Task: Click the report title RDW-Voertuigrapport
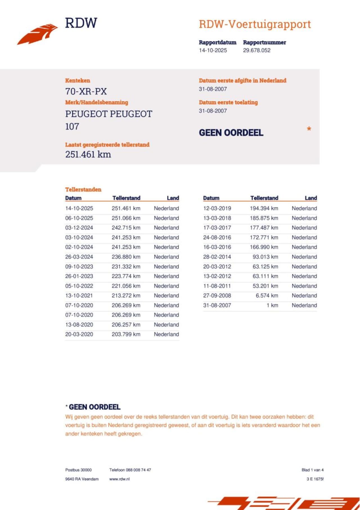pos(255,24)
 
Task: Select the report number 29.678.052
pos(256,50)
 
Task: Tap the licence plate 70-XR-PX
pos(86,91)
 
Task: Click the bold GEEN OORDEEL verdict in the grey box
pos(231,133)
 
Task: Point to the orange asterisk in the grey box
pos(309,129)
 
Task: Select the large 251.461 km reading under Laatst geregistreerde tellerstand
pos(88,155)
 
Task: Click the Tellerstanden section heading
pos(83,189)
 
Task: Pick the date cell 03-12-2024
pos(79,228)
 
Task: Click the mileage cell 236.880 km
pos(126,257)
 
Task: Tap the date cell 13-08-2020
pos(79,325)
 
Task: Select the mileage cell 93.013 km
pos(265,257)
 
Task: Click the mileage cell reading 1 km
pos(272,305)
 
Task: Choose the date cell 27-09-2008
pos(217,296)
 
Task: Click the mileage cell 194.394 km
pos(264,208)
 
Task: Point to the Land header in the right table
pos(311,198)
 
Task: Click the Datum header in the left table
pos(73,198)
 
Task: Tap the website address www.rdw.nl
pos(120,479)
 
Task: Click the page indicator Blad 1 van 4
pos(312,470)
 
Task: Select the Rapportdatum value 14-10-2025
pos(213,50)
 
